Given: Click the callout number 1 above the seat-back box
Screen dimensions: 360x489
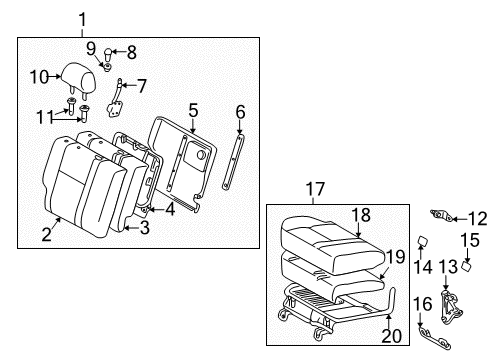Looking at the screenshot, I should pos(82,17).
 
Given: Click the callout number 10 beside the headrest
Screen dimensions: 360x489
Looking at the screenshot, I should pos(38,75).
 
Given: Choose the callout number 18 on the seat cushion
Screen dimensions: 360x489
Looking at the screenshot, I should pos(360,214).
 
